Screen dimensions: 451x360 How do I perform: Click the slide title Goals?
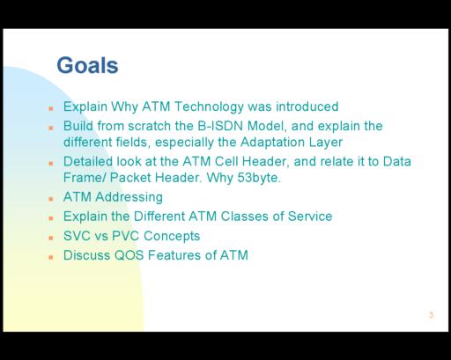87,65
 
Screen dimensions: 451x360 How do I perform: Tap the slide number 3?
431,315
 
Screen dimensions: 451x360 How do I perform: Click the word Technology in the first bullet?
209,107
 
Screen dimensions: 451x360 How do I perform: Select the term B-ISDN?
220,126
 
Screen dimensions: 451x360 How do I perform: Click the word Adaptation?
272,143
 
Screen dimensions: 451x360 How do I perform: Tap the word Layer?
326,143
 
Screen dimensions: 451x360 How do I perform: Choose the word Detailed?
88,161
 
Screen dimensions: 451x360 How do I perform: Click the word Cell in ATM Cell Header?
226,161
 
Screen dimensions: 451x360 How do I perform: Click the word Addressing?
129,197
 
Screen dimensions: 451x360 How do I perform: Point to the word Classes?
245,217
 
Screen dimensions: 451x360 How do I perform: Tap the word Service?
310,217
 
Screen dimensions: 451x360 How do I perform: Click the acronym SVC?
77,236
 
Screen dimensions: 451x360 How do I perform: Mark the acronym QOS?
129,255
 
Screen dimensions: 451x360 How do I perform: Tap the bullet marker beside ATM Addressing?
51,199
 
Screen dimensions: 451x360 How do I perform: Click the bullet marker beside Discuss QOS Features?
51,257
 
